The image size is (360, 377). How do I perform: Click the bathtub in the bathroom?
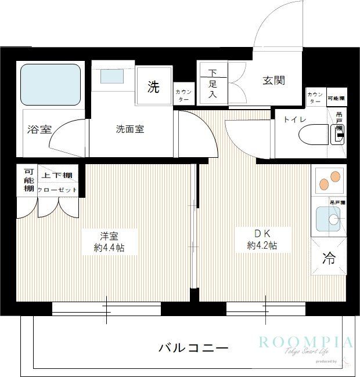tap(51, 84)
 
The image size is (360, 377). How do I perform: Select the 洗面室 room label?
tap(129, 129)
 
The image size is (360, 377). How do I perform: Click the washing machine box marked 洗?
tap(153, 88)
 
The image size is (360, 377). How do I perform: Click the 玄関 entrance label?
tap(273, 81)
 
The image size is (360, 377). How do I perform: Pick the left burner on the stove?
tap(323, 184)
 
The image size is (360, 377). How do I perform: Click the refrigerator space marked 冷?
tap(328, 259)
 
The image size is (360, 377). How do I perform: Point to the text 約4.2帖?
tap(262, 246)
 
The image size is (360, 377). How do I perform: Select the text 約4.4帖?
tap(109, 248)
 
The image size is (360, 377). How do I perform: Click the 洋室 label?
tap(109, 235)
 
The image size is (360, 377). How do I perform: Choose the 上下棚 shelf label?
tap(57, 176)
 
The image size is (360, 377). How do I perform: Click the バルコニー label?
tap(193, 347)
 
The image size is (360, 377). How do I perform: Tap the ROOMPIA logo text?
tap(305, 342)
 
